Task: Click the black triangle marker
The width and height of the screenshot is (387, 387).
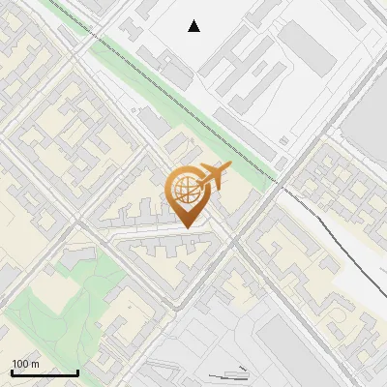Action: pyautogui.click(x=194, y=26)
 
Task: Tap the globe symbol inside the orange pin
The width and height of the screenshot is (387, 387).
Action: pyautogui.click(x=186, y=191)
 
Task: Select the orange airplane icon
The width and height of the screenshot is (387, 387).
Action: pyautogui.click(x=215, y=176)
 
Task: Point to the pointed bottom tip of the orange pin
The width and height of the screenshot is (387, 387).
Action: pyautogui.click(x=186, y=227)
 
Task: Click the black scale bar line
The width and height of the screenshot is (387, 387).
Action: pyautogui.click(x=45, y=373)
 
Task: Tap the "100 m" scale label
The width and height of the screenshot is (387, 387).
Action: pyautogui.click(x=25, y=364)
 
